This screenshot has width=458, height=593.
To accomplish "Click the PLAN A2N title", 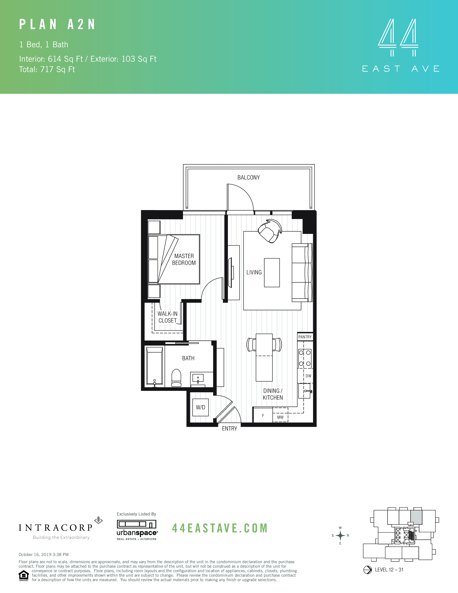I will pos(57,24).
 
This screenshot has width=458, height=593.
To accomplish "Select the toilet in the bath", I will pos(176,378).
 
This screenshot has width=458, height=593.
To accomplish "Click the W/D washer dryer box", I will pos(200,407).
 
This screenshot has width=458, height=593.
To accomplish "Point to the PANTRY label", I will pos(305,337).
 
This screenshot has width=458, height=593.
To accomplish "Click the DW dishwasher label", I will pos(308,376).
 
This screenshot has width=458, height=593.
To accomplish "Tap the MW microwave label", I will pos(280,417).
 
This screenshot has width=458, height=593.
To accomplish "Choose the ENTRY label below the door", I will pos(229,428).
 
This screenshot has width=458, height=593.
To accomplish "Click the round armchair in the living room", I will pos(270,231).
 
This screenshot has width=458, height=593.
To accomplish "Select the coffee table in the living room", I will pos(272,273).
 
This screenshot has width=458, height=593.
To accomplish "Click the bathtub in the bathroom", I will pos(154,366).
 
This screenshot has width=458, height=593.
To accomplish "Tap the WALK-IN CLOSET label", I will pos(167,317).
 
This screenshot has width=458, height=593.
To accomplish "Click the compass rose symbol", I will pos(340,536).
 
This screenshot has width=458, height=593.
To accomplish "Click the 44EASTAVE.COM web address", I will pos(220,528).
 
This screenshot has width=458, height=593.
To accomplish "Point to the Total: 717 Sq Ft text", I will pos(47,70).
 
